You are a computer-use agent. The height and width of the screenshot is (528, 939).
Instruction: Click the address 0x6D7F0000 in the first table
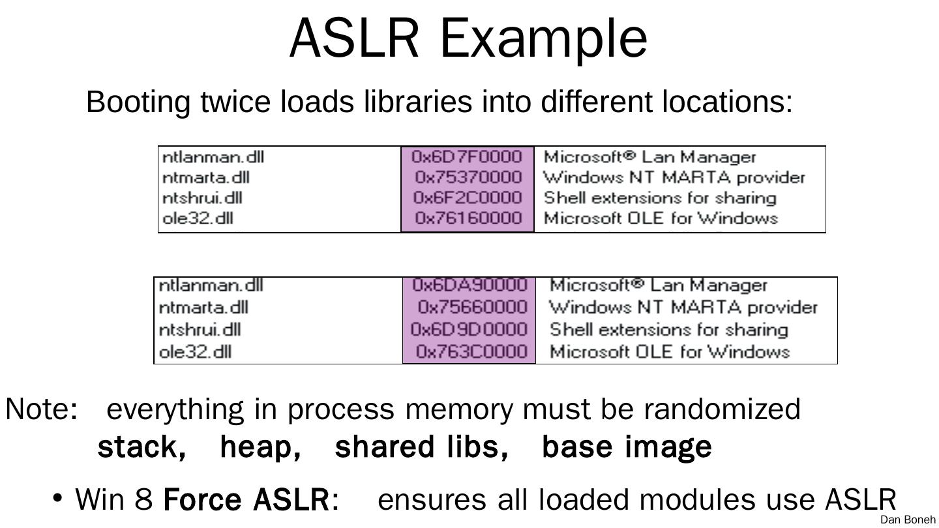click(467, 156)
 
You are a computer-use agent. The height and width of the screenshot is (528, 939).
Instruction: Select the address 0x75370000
click(469, 177)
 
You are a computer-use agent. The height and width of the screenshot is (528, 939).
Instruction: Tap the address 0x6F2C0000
click(468, 198)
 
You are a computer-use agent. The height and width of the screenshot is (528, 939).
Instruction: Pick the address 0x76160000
click(469, 218)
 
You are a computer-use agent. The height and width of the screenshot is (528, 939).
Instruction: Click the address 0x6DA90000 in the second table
click(469, 285)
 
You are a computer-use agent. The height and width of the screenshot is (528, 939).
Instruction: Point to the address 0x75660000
click(472, 307)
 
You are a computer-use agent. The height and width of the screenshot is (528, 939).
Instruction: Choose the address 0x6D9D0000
click(469, 329)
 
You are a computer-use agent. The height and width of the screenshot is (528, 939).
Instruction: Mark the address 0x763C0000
click(471, 351)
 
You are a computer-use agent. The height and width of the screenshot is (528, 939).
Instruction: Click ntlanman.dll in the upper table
click(213, 157)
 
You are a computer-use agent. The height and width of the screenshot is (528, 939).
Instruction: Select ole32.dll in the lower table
click(196, 351)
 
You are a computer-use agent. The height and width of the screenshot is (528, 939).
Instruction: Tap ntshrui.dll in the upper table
click(202, 198)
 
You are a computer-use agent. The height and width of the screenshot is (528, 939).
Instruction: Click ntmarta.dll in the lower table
click(203, 308)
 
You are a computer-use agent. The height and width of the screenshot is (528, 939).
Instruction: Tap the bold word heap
click(260, 448)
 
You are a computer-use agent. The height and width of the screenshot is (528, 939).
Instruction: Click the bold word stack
click(142, 448)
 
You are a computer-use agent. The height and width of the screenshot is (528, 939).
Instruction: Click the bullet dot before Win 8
click(58, 498)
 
